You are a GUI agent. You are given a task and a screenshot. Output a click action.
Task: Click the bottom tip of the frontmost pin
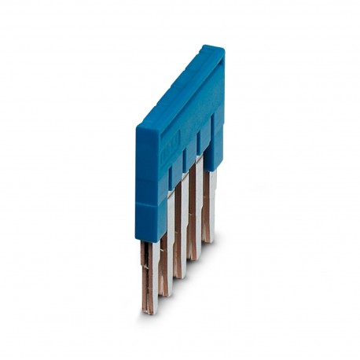pos(149,311)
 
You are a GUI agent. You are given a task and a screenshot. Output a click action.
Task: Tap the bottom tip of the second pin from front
pos(164,294)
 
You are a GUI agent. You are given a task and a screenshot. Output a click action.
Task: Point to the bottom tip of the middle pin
pos(178,276)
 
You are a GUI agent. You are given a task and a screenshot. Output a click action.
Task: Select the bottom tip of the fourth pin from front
pos(193,258)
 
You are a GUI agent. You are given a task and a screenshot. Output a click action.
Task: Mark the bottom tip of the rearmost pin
pos(208,241)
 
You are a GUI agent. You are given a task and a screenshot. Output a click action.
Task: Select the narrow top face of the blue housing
pos(179,85)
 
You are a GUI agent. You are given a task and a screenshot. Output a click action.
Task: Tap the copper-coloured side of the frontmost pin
pos(145,275)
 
